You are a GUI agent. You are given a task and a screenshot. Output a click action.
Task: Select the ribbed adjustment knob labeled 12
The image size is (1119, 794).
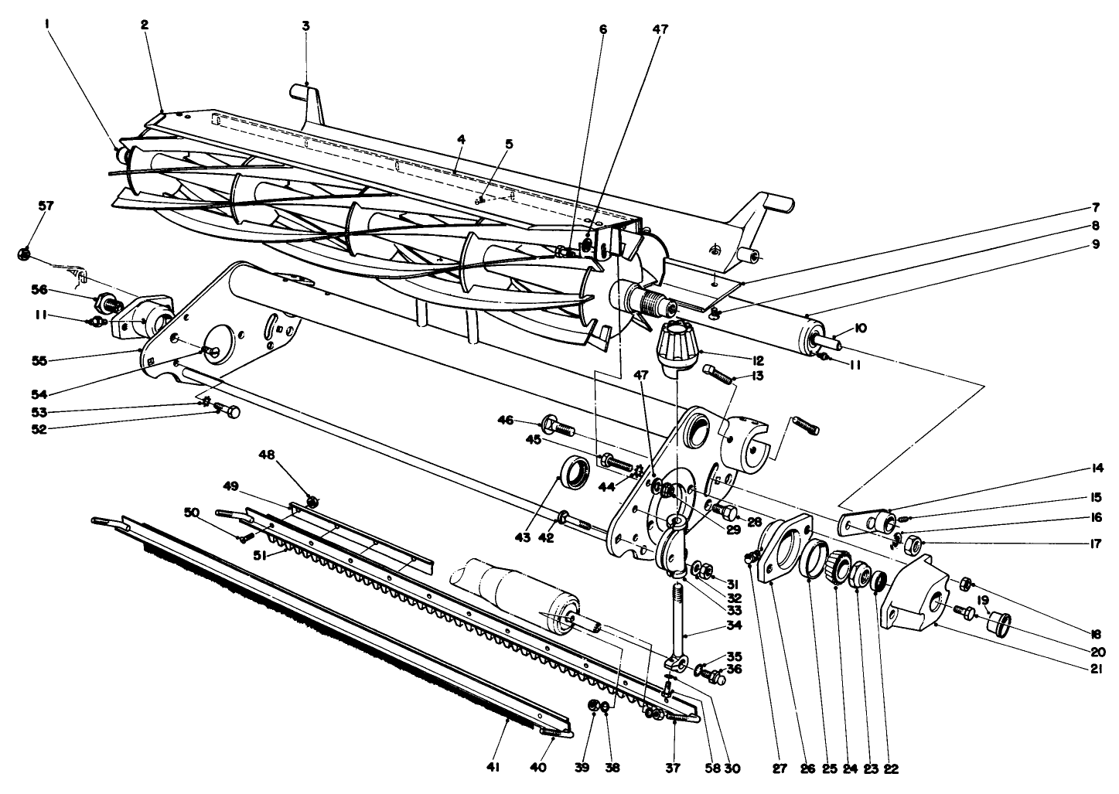(x=677, y=347)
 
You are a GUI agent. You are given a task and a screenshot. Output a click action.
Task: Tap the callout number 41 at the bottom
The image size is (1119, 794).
(x=493, y=767)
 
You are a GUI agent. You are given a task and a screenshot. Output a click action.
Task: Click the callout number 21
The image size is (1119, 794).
(x=1095, y=670)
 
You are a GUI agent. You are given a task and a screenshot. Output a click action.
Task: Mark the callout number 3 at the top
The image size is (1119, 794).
(x=305, y=26)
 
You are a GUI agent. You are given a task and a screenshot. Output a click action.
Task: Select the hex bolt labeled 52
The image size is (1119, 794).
(x=229, y=412)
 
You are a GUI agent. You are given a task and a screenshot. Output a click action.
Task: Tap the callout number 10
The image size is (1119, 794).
(x=861, y=329)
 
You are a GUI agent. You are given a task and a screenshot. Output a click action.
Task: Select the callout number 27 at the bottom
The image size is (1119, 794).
(x=779, y=768)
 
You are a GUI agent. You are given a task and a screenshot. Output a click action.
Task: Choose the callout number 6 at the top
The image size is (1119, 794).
(x=603, y=29)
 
